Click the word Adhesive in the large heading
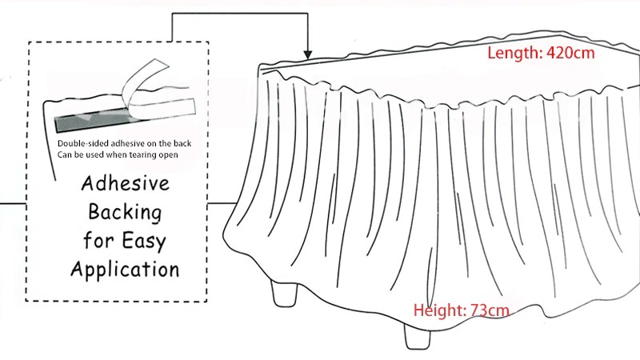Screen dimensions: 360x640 125,183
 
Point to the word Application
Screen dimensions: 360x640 125,268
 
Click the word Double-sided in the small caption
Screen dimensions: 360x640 82,142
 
